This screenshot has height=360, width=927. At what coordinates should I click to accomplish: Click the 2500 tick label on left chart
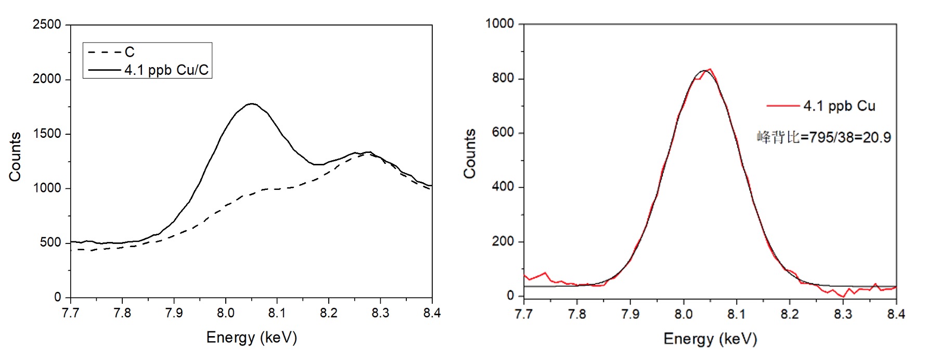tap(47, 24)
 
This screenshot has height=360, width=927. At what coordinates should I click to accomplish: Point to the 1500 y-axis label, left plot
tap(47, 134)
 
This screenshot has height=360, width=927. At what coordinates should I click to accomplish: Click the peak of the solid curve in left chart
tap(252, 104)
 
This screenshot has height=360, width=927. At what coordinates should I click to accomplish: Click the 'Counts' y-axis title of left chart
tap(15, 157)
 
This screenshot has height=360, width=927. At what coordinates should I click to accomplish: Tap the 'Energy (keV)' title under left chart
tap(252, 338)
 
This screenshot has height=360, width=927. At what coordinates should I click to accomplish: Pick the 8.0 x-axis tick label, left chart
tap(225, 313)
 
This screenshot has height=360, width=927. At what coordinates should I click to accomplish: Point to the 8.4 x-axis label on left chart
tap(432, 313)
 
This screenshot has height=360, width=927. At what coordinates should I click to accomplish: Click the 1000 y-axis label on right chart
tap(499, 24)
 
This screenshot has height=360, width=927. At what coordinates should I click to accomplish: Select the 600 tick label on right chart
tap(503, 133)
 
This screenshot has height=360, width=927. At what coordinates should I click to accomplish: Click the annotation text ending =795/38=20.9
tap(823, 137)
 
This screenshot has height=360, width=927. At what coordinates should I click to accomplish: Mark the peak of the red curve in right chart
tap(710, 69)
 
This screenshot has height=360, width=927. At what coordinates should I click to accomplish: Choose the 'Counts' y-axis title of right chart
tap(470, 154)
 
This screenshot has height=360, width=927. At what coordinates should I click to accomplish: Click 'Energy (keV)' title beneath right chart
tap(710, 339)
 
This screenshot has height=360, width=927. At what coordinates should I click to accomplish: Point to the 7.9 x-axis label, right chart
tap(630, 314)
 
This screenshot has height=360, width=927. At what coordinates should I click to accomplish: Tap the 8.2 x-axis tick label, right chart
tap(789, 314)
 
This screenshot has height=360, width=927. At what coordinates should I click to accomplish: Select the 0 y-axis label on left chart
tap(58, 297)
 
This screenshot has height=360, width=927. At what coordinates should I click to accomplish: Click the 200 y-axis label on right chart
tap(503, 241)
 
